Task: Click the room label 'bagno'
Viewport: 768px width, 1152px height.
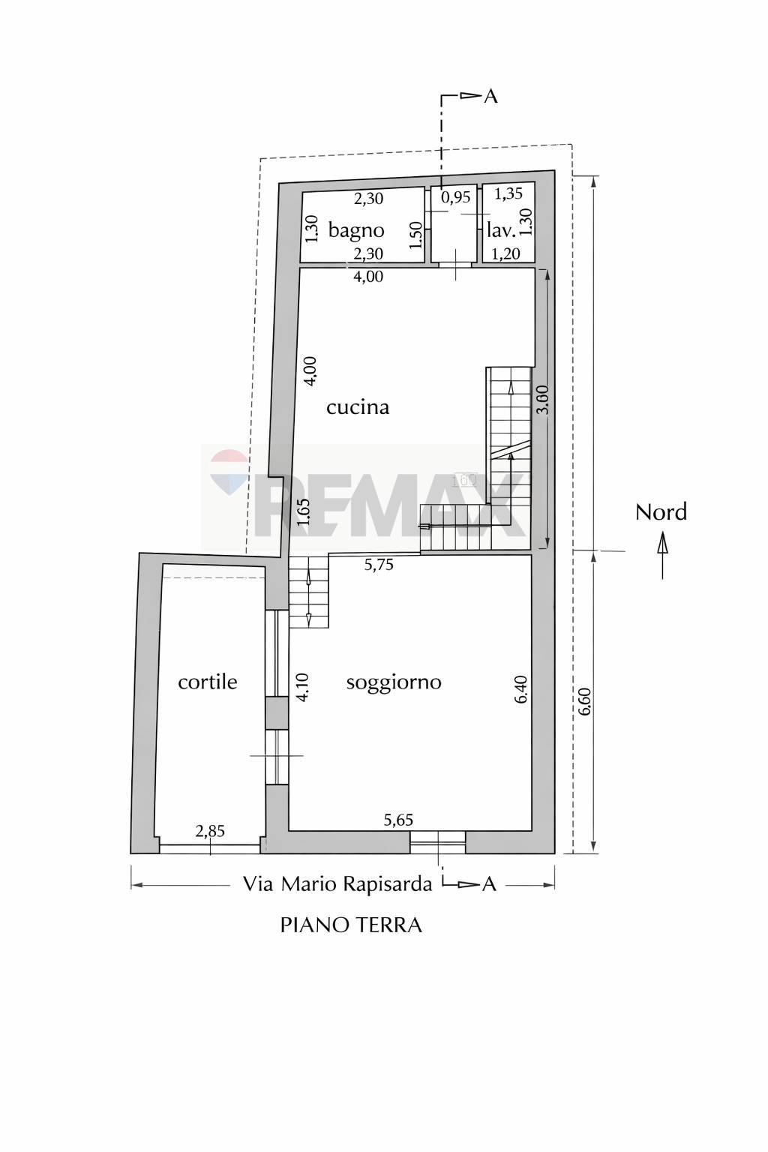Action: (x=356, y=231)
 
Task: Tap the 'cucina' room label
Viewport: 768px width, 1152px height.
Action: (x=358, y=407)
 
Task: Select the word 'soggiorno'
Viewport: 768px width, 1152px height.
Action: (x=394, y=683)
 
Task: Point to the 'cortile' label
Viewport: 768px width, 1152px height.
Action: (x=208, y=682)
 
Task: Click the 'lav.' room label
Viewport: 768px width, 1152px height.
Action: (x=501, y=231)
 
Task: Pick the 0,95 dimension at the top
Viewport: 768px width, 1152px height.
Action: (x=456, y=197)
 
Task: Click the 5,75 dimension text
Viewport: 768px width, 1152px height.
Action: (x=379, y=565)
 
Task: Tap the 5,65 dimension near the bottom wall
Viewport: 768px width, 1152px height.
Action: (x=399, y=820)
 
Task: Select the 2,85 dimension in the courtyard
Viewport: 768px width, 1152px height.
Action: (x=211, y=830)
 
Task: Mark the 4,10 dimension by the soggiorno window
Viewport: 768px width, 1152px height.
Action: (x=304, y=687)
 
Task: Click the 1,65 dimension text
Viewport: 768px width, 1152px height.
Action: (x=304, y=511)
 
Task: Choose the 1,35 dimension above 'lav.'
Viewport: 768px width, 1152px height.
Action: (x=508, y=193)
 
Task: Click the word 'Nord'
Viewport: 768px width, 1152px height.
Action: (x=661, y=512)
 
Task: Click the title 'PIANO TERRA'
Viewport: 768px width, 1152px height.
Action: (x=351, y=925)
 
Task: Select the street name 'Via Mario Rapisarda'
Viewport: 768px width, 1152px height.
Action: (x=337, y=884)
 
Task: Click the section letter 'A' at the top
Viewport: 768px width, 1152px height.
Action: (x=490, y=96)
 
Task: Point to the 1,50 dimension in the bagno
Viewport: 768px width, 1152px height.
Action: (x=417, y=235)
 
